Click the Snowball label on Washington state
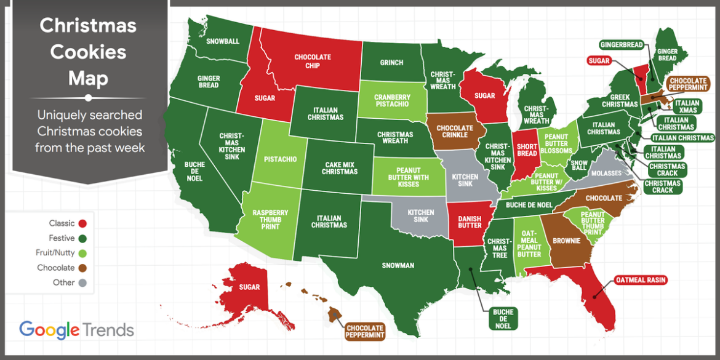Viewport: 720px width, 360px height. (x=223, y=42)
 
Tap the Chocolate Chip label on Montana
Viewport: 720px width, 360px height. (x=313, y=62)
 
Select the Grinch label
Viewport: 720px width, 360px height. (x=391, y=62)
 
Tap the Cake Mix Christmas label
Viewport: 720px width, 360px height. (x=339, y=167)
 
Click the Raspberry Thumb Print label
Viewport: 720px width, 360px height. (x=270, y=220)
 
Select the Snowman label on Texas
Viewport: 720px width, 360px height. (x=398, y=266)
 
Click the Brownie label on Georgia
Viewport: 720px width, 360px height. (x=566, y=241)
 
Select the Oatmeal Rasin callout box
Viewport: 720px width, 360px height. (x=641, y=281)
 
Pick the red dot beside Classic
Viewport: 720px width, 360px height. (x=82, y=223)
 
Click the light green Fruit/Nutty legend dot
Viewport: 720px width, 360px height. (x=82, y=253)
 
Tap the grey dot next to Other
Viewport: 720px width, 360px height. (x=82, y=282)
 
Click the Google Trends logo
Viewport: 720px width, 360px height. (x=76, y=330)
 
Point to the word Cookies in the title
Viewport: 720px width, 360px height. (x=88, y=52)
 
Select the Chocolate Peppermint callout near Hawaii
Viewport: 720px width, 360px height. (x=365, y=332)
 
